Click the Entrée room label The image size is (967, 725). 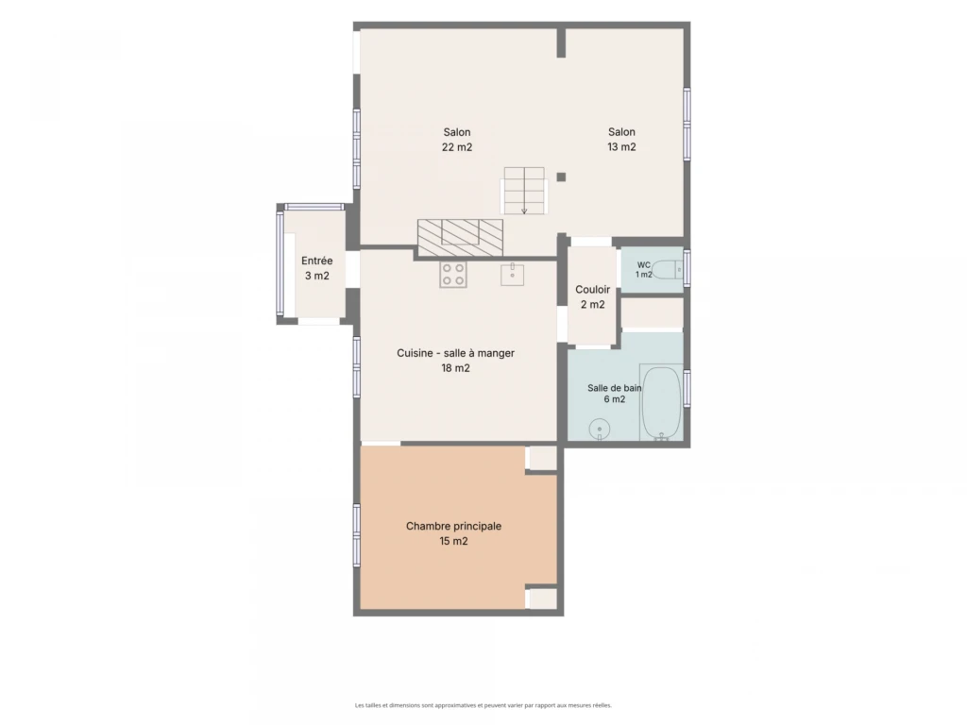(x=317, y=261)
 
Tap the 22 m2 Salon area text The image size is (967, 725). (x=457, y=146)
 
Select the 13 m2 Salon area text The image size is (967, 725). (x=621, y=146)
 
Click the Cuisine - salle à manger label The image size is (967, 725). (x=455, y=353)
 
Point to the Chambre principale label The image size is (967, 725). (x=454, y=526)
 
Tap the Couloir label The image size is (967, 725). (x=593, y=289)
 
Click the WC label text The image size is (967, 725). (x=644, y=265)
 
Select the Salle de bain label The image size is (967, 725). (x=614, y=388)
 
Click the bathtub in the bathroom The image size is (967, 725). (x=661, y=403)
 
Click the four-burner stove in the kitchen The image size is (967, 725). (x=453, y=275)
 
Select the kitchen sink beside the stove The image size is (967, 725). (x=512, y=275)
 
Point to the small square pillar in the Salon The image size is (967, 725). (x=561, y=177)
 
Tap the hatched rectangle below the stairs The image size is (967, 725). (x=460, y=237)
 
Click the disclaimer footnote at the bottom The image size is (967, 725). (x=483, y=705)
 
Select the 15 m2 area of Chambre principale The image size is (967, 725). (x=454, y=541)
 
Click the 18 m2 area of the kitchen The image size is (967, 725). (x=456, y=368)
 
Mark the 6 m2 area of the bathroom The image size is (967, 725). (x=614, y=399)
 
